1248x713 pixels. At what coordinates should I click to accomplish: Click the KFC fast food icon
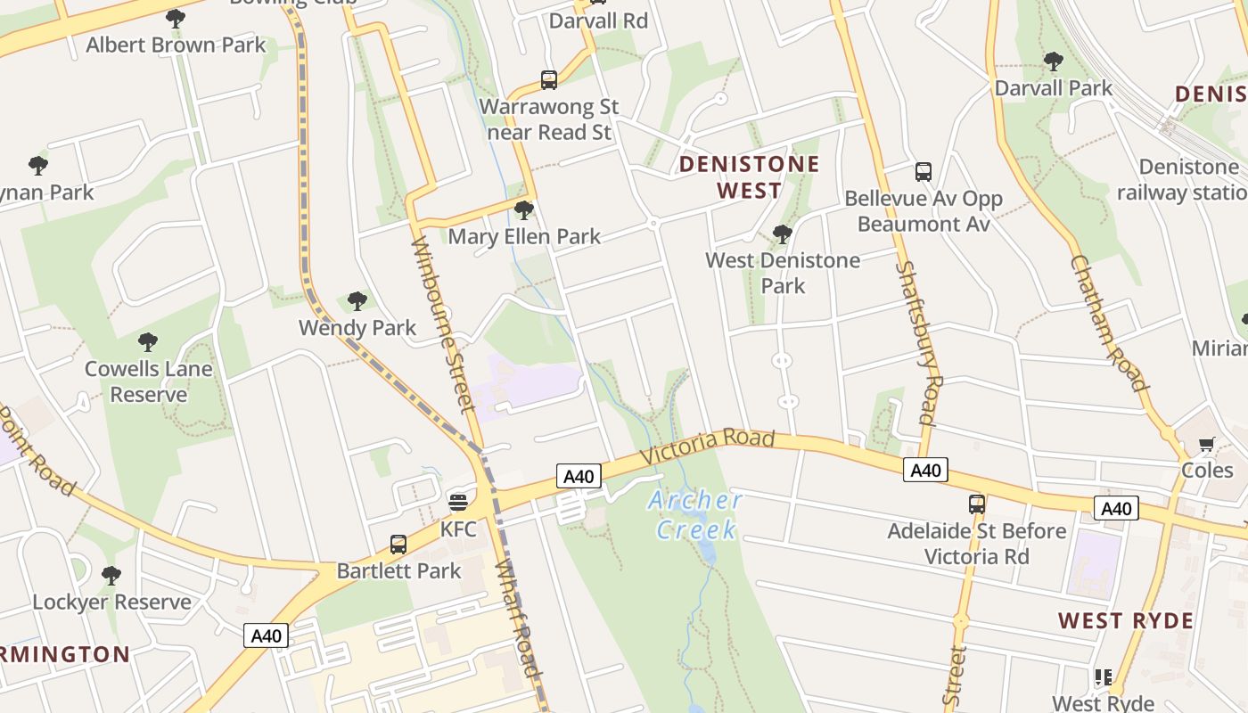[x=458, y=503]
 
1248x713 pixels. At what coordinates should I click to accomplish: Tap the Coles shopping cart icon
[x=1206, y=444]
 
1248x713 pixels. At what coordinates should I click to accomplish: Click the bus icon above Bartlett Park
[x=398, y=544]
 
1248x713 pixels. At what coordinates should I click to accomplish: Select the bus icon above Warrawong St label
[x=549, y=80]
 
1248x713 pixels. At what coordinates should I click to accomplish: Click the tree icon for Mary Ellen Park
[x=524, y=210]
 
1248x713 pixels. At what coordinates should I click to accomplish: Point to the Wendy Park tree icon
[x=357, y=301]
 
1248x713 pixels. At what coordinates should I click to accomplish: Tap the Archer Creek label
[x=696, y=515]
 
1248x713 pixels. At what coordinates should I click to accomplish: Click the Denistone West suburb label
[x=749, y=176]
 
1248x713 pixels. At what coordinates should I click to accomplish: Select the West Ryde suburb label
[x=1125, y=621]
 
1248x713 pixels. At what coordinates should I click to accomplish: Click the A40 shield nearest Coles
[x=1115, y=508]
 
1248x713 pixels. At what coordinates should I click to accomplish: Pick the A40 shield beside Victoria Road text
[x=578, y=476]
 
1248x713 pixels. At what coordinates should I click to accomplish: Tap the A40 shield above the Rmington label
[x=266, y=635]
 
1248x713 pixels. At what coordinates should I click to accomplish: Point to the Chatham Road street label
[x=1108, y=323]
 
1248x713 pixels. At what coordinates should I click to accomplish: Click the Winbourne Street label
[x=442, y=324]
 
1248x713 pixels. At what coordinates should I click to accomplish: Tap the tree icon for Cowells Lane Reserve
[x=148, y=342]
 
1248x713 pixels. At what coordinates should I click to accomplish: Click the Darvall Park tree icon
[x=1053, y=61]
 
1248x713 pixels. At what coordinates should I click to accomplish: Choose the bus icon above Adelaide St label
[x=977, y=504]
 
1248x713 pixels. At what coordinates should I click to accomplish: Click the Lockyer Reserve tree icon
[x=111, y=576]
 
